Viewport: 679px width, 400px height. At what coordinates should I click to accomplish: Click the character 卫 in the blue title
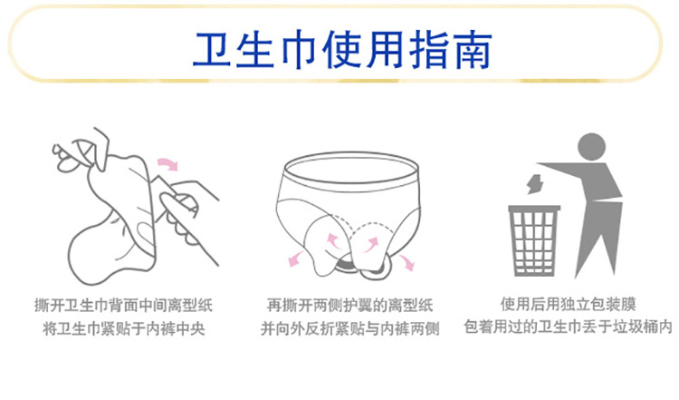(212, 49)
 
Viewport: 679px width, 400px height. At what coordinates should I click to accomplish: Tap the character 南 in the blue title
(471, 49)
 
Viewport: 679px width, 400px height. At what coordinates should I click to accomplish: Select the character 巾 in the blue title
(299, 50)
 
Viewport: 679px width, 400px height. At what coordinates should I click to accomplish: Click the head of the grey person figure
(591, 147)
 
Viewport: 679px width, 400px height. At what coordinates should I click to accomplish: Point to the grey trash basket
(533, 240)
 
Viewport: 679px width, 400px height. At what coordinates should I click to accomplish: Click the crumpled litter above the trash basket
(535, 184)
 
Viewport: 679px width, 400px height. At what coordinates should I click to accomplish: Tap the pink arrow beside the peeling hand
(167, 164)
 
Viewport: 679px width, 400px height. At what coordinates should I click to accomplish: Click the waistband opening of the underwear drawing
(350, 169)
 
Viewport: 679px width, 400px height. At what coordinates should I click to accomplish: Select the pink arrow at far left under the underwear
(297, 259)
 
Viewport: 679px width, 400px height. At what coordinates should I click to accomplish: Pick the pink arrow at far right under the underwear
(406, 262)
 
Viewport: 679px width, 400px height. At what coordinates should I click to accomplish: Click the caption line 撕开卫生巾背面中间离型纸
(124, 306)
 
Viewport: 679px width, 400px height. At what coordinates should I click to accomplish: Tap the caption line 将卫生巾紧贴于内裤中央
(124, 328)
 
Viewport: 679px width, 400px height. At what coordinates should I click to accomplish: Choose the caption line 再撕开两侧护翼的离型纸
(349, 306)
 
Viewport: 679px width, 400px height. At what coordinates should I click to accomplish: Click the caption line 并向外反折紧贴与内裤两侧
(349, 328)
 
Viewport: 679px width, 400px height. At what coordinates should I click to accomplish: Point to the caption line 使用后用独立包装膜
(569, 304)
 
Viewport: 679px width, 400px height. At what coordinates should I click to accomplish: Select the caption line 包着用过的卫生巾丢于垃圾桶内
(569, 327)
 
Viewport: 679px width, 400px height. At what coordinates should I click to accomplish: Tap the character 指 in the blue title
(428, 49)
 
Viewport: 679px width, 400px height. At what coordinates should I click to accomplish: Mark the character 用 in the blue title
(385, 50)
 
